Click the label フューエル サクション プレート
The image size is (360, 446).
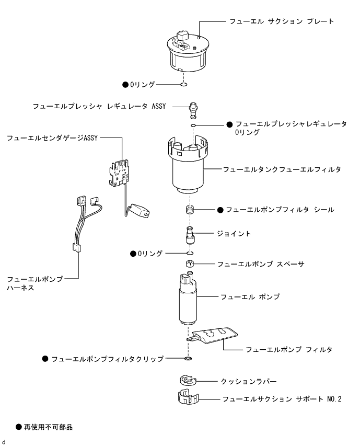pyautogui.click(x=281, y=21)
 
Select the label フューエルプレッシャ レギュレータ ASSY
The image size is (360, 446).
pyautogui.click(x=99, y=106)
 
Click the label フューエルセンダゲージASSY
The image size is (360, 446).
pyautogui.click(x=52, y=138)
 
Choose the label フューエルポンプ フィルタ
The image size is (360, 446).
pyautogui.click(x=289, y=349)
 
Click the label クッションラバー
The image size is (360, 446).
pyautogui.click(x=249, y=382)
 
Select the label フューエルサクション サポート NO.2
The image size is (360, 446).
pyautogui.click(x=281, y=399)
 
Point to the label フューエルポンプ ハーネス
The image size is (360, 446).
pyautogui.click(x=35, y=283)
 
